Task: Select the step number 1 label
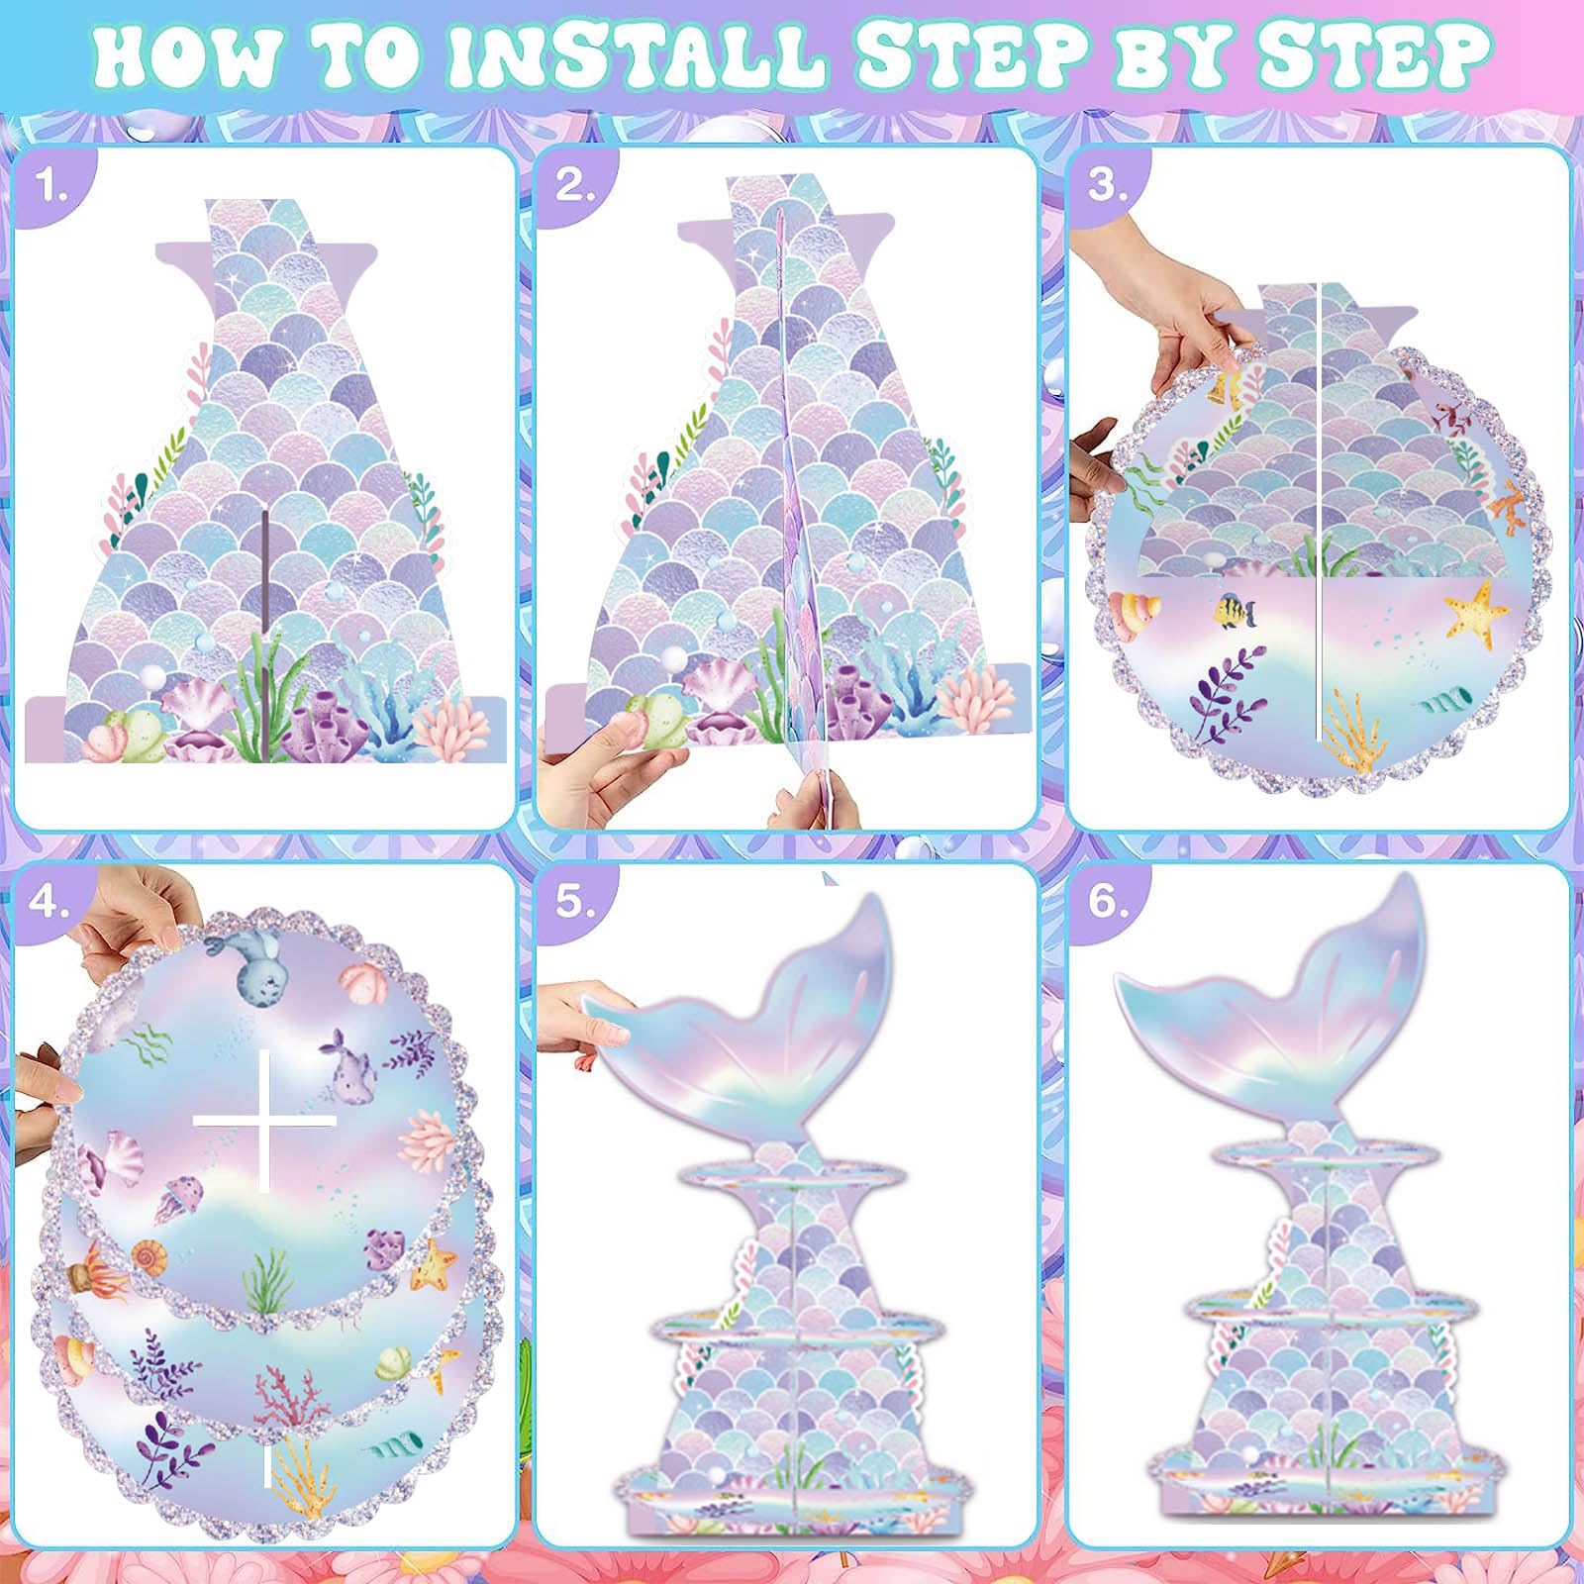pyautogui.click(x=51, y=184)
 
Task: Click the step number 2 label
pyautogui.click(x=574, y=184)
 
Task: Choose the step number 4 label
pyautogui.click(x=50, y=902)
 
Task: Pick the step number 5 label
pyautogui.click(x=574, y=902)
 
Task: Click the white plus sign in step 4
pyautogui.click(x=264, y=1121)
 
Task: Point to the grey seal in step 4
pyautogui.click(x=242, y=961)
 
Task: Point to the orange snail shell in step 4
pyautogui.click(x=148, y=1258)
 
